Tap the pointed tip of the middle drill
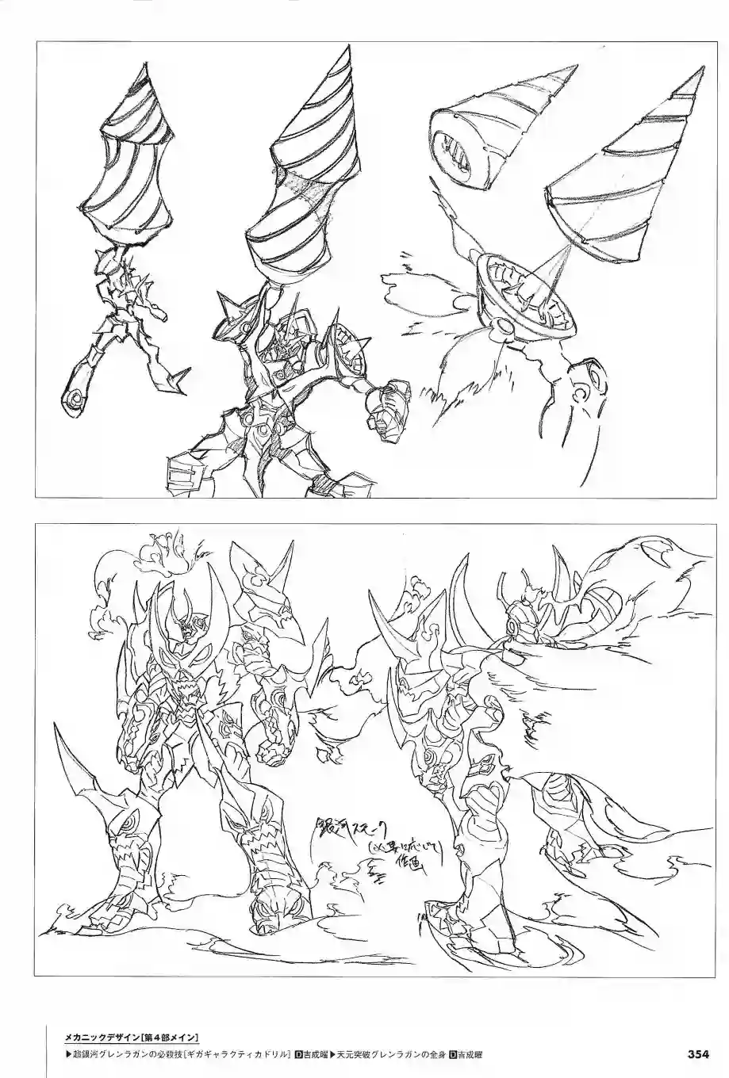351,49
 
